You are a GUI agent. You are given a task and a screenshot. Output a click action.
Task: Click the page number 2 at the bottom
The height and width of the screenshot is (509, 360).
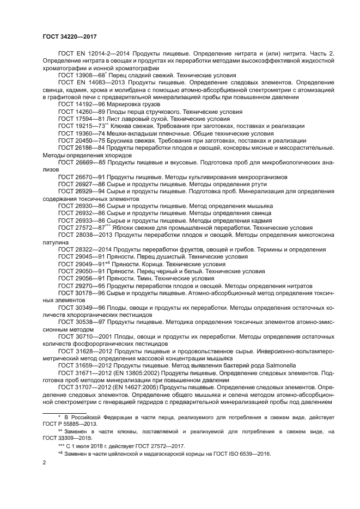tap(44, 463)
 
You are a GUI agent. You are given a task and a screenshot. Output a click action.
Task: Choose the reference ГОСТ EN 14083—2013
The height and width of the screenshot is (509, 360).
tap(88, 83)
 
